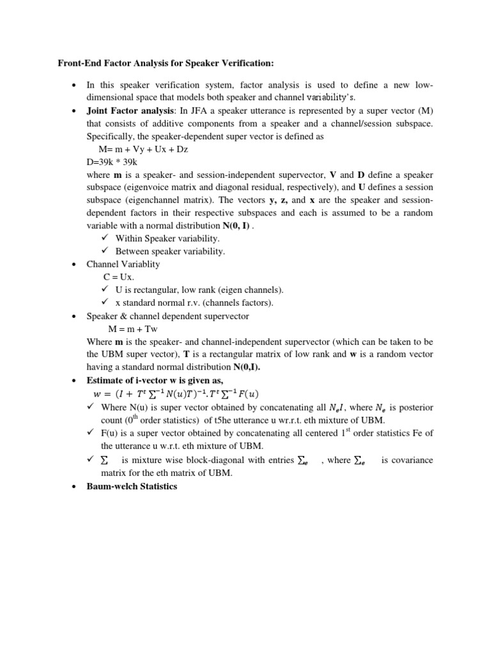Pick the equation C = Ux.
119,277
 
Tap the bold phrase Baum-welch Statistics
132,486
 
